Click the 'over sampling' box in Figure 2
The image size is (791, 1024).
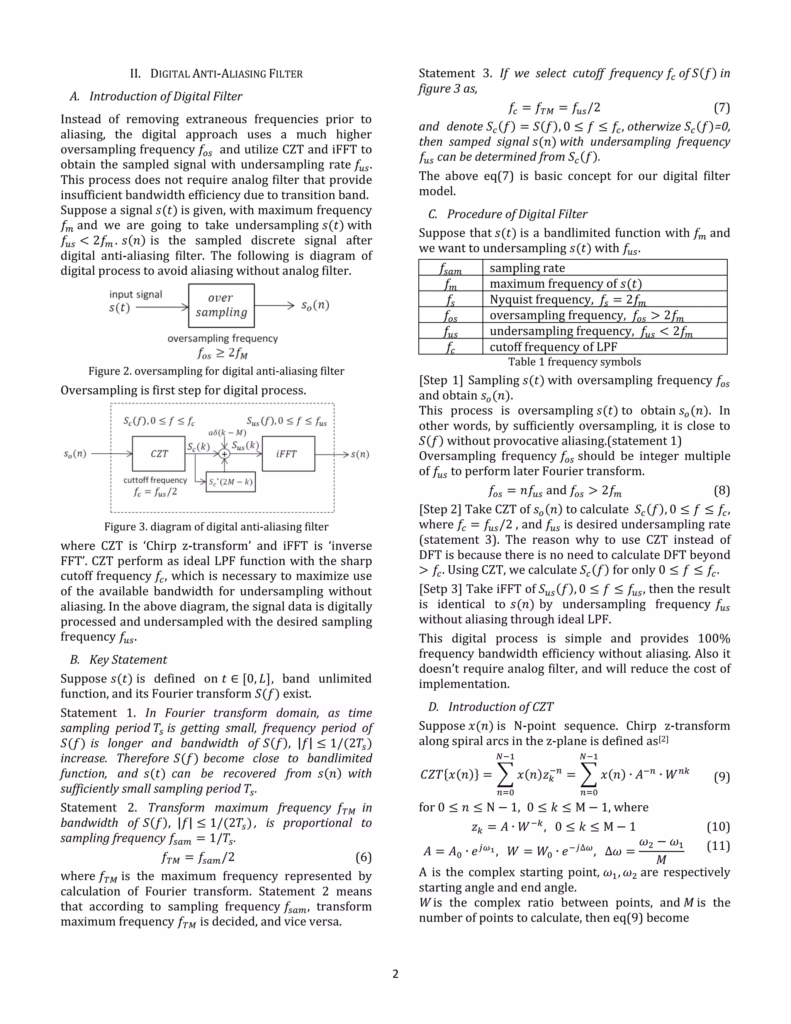point(221,305)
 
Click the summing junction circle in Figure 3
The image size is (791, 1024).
point(225,454)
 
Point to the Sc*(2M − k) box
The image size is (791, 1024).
point(231,481)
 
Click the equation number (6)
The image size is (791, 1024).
point(363,857)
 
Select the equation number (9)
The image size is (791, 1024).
point(721,777)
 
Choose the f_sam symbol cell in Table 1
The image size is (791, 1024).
point(450,268)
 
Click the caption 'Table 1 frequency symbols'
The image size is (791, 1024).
point(574,362)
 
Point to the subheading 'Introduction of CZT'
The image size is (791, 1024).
point(501,707)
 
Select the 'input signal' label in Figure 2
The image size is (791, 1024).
point(136,294)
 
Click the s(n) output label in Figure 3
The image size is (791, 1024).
point(360,454)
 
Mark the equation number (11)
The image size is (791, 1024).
point(718,846)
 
